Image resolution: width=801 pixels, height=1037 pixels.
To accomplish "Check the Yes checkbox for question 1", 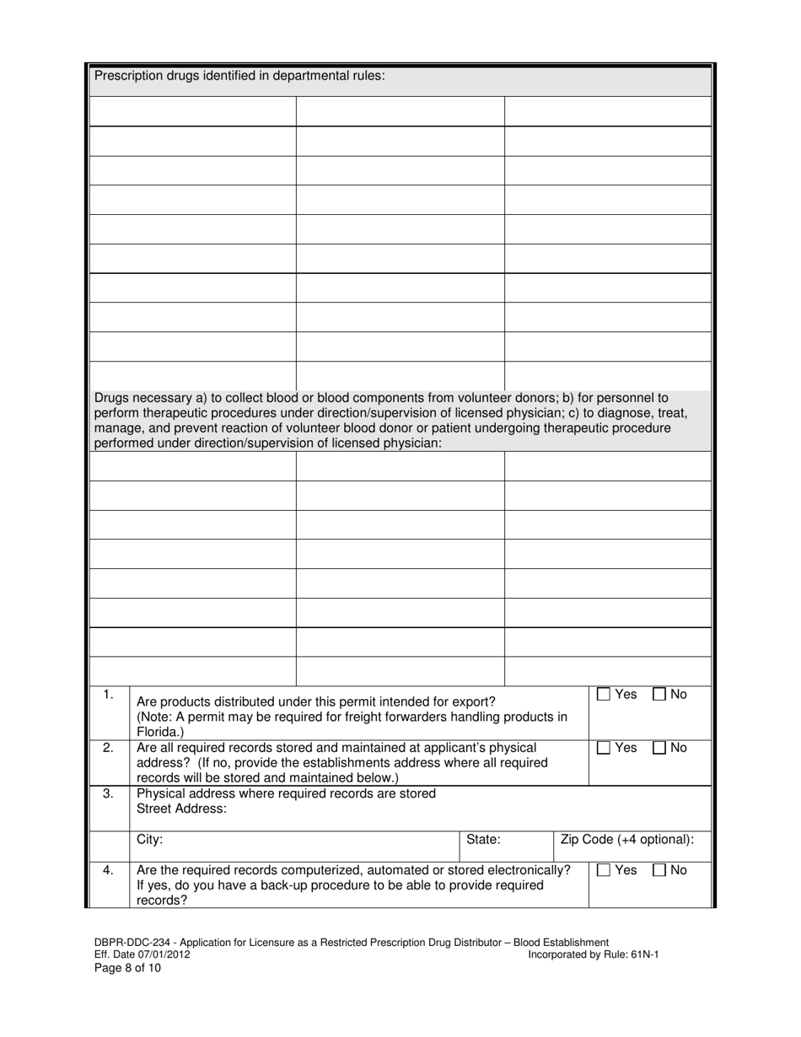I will point(604,695).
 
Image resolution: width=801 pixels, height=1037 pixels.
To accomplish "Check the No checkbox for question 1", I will point(660,695).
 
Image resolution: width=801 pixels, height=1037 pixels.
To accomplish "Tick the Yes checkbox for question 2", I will point(604,748).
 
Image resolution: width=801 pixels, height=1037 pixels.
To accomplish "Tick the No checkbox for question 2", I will point(660,748).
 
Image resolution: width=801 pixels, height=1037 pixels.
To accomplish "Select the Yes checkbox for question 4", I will point(604,870).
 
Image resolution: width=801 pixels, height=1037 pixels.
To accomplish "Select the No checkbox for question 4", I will point(660,870).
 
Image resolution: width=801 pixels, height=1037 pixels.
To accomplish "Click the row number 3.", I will point(108,793).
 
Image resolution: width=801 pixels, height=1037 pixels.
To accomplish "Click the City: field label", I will point(149,840).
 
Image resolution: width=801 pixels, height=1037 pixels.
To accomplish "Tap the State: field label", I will point(484,840).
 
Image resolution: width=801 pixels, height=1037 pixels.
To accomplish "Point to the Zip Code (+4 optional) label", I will point(627,840).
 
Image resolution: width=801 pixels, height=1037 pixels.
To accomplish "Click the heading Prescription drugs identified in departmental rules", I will point(239,76).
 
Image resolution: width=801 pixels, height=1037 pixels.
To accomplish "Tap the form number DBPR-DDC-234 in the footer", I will point(132,943).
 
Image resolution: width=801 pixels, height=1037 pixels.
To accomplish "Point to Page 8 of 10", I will point(127,968).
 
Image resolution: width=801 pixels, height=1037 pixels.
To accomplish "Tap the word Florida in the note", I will point(158,732).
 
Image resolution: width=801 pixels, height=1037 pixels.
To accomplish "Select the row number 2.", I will point(108,748).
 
